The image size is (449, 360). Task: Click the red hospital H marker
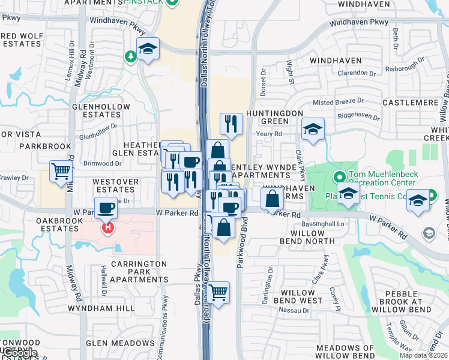coord(108,228)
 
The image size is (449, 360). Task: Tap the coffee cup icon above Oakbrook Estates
coord(106,208)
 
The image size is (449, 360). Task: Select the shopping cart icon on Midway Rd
coord(61,172)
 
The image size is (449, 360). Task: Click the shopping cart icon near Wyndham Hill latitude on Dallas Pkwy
coord(219,293)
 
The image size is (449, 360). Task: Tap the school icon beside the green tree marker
coord(147,49)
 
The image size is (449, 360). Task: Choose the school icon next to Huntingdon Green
coord(313,129)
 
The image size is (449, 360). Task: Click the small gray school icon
coord(429,233)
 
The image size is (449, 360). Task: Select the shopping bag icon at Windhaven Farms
coord(273,198)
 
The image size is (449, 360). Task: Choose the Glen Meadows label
coord(112,343)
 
